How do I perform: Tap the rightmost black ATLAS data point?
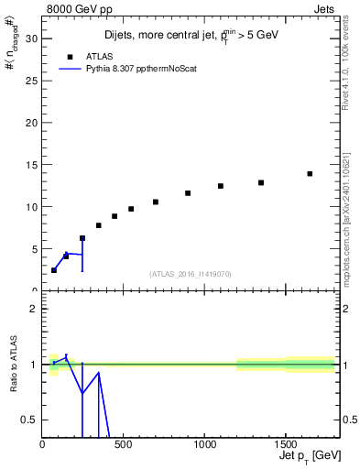click(310, 173)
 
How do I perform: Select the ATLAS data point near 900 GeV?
click(188, 193)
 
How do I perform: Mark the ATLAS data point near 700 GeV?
click(156, 202)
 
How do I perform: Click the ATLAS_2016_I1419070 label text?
click(191, 273)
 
